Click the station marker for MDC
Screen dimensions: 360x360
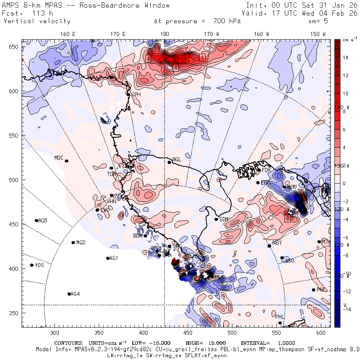(x=66, y=161)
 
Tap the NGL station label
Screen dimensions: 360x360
(x=177, y=159)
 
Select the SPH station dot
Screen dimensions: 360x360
(x=128, y=94)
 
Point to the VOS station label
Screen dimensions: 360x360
(x=39, y=265)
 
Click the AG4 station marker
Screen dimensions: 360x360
(x=69, y=294)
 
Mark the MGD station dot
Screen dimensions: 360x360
(x=73, y=242)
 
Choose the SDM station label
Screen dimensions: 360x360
(x=224, y=219)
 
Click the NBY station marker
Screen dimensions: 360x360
(x=269, y=246)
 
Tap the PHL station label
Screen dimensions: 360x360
(x=280, y=317)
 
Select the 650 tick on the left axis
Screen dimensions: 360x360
(x=14, y=47)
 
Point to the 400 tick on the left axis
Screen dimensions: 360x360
(x=14, y=269)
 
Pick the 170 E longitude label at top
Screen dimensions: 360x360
(x=118, y=34)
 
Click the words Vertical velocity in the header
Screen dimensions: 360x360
(x=37, y=21)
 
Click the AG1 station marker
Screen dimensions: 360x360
(x=108, y=258)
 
